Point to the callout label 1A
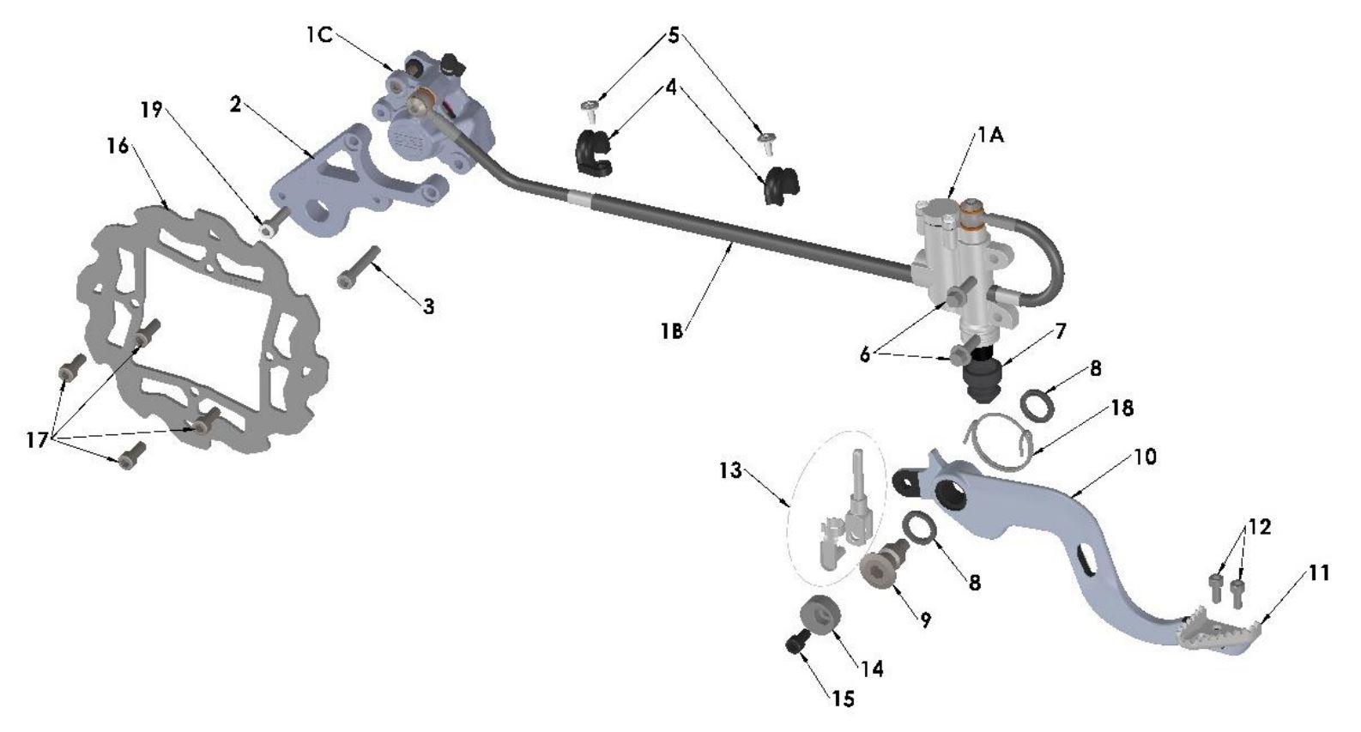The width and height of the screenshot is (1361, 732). click(x=989, y=136)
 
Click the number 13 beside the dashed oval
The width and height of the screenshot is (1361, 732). click(x=730, y=472)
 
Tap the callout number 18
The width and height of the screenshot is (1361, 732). click(x=1122, y=408)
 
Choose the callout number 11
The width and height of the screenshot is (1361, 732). click(x=1320, y=572)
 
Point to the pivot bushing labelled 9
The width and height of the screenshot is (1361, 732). click(x=882, y=567)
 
